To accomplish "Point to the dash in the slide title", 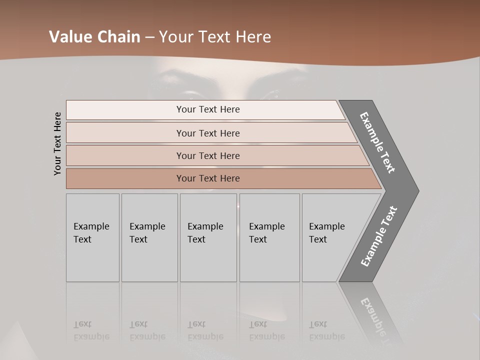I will pos(149,37).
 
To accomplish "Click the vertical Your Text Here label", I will pos(57,144).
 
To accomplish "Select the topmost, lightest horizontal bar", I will pos(208,109).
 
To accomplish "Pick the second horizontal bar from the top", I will pos(208,133).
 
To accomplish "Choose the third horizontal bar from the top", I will pos(208,155).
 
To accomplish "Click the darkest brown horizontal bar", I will pos(208,178).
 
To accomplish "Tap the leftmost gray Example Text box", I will pos(92,237).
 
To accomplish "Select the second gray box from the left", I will pos(149,237).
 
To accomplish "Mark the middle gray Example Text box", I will pos(208,237).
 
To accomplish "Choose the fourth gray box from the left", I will pos(269,237).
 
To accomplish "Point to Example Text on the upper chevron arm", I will pos(377,142).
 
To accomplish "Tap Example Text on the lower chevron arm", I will pos(379,236).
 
